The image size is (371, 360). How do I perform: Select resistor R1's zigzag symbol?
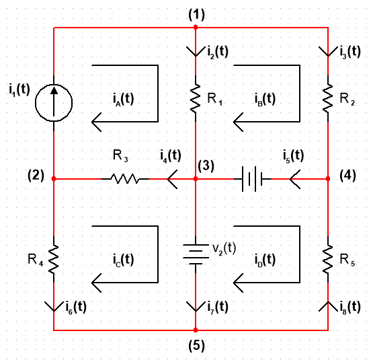196,98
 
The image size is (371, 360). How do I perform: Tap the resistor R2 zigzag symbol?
328,98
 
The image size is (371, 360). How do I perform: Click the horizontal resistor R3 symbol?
125,179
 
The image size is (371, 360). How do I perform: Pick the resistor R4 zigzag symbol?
54,259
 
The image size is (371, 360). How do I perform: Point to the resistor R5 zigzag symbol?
328,259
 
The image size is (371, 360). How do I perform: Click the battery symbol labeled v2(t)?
196,254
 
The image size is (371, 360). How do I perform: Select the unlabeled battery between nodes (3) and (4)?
252,179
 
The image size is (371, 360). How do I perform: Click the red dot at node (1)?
196,27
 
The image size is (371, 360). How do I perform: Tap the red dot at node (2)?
54,178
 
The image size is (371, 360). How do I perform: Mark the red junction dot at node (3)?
196,178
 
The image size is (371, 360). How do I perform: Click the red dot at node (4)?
328,178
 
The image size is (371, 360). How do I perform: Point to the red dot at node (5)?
196,330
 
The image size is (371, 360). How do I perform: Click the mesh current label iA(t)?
123,99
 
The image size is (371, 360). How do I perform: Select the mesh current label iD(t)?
265,260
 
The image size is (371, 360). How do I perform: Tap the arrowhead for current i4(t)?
172,179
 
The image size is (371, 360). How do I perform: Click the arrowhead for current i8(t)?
328,306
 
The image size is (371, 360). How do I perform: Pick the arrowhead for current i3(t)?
328,52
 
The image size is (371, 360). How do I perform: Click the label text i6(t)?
76,308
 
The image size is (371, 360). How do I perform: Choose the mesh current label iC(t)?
123,260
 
